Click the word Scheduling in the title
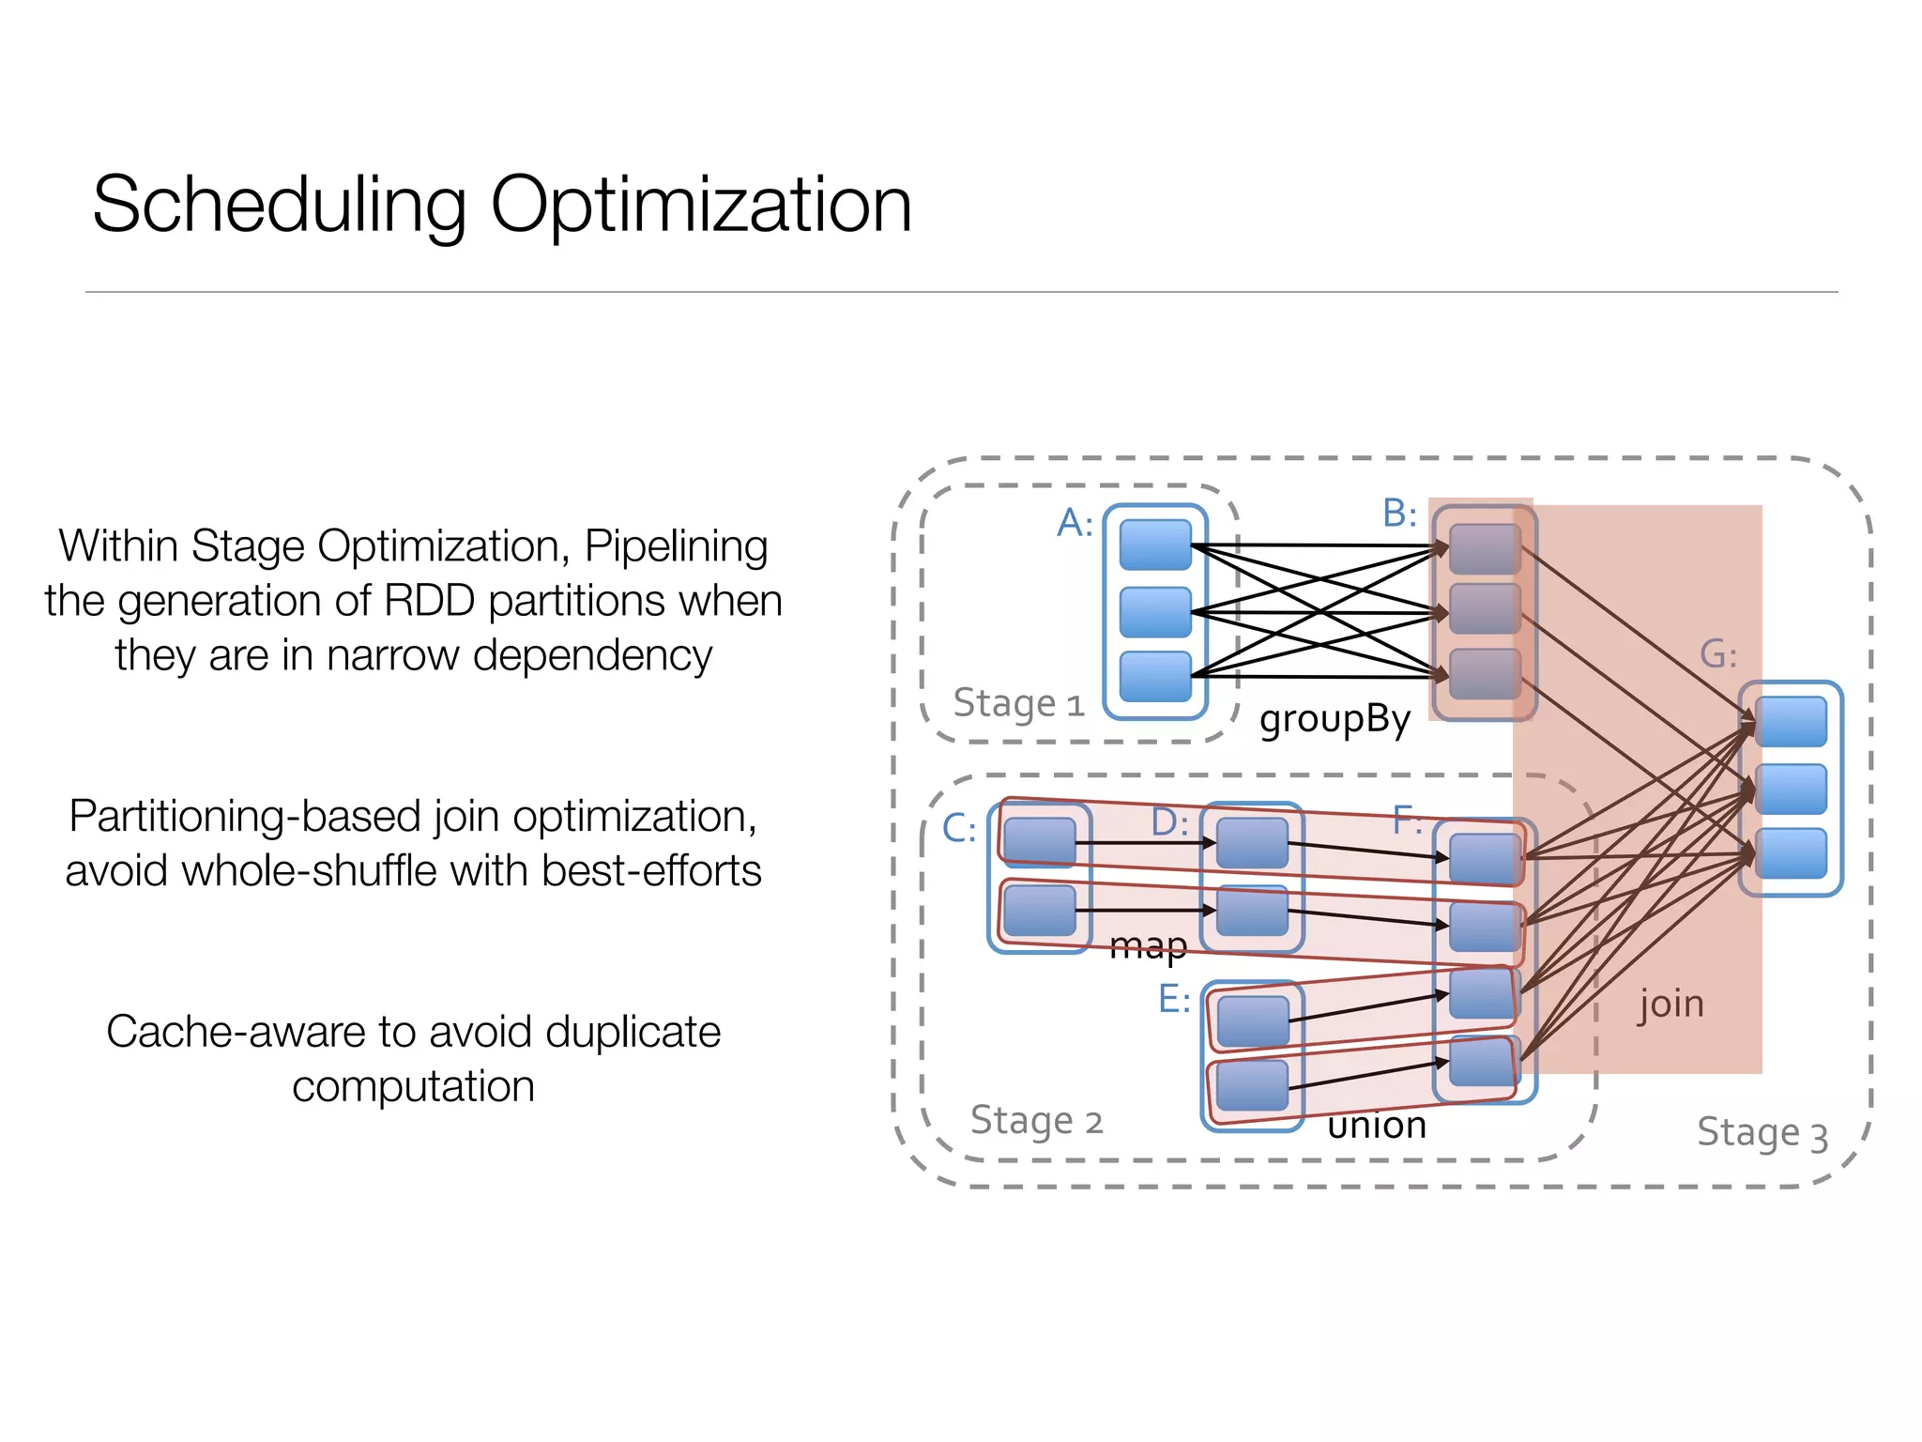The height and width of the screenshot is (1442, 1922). click(x=280, y=205)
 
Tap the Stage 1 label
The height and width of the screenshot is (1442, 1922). click(x=1018, y=703)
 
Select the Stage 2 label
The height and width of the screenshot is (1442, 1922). click(x=1036, y=1120)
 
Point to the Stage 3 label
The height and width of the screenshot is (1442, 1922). click(x=1762, y=1133)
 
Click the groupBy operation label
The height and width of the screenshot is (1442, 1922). click(x=1335, y=719)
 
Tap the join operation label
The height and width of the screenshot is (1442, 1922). click(x=1670, y=1004)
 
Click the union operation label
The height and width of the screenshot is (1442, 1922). click(x=1377, y=1125)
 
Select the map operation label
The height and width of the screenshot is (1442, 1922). click(x=1148, y=946)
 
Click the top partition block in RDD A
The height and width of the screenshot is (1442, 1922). click(x=1155, y=545)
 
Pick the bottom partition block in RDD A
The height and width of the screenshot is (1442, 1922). click(x=1155, y=676)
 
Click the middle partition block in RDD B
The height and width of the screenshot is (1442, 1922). click(x=1485, y=608)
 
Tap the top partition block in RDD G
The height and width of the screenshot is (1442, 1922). click(x=1791, y=721)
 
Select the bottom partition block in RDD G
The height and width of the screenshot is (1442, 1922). click(x=1791, y=852)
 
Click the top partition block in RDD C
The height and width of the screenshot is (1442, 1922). click(x=1039, y=840)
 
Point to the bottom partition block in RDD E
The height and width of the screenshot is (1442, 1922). click(x=1253, y=1085)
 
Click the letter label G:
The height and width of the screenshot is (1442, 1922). click(x=1718, y=654)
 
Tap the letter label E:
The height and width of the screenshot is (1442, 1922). click(x=1174, y=999)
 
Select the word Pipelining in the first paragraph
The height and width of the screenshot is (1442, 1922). click(x=676, y=546)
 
